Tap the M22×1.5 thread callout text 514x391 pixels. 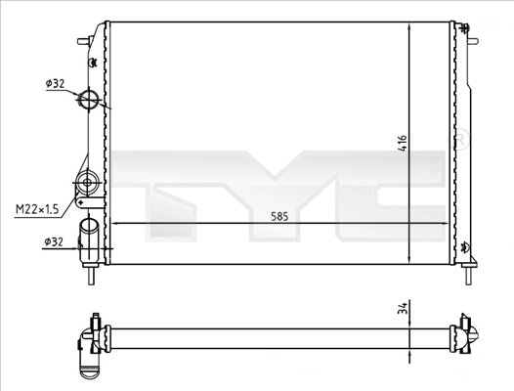click(36, 207)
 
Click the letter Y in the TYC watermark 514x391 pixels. click(283, 190)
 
